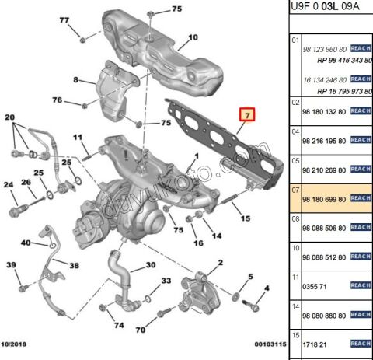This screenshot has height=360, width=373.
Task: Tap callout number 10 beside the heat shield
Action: (193, 37)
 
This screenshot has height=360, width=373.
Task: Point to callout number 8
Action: (77, 80)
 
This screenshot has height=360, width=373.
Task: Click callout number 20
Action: (10, 117)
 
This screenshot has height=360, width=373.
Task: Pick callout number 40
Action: (26, 243)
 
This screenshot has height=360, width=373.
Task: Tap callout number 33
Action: (166, 281)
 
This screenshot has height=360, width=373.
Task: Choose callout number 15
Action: (246, 218)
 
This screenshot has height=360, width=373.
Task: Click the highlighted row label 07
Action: (295, 189)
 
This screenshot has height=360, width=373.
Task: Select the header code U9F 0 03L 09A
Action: (329, 9)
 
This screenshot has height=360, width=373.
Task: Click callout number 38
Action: (74, 265)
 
